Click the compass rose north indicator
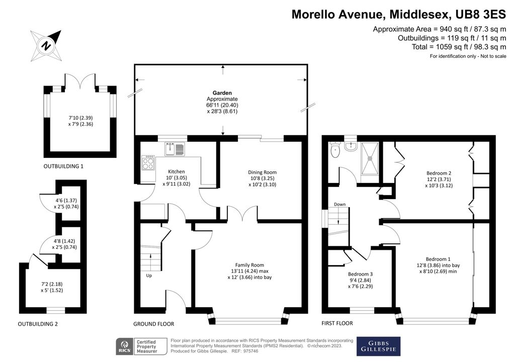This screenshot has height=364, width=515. (46, 46)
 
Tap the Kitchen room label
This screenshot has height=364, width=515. (177, 171)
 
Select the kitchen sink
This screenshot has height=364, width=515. (175, 149)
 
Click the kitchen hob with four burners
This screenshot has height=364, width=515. (148, 162)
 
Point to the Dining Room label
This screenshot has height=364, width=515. (262, 172)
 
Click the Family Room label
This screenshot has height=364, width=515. (249, 265)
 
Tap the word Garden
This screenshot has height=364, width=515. (222, 93)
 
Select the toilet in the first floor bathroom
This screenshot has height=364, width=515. (334, 150)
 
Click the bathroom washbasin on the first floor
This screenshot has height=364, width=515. (351, 146)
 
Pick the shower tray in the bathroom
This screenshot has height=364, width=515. (370, 158)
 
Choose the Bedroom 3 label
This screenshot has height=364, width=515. (360, 274)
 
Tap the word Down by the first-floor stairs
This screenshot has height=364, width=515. (339, 204)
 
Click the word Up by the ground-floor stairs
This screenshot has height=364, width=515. (149, 276)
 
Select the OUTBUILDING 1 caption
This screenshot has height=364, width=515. (63, 166)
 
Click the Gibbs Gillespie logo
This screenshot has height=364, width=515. (378, 346)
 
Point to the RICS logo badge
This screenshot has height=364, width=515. (125, 346)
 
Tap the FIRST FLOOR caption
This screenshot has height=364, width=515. (337, 323)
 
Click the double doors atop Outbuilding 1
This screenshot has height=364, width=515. (80, 80)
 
